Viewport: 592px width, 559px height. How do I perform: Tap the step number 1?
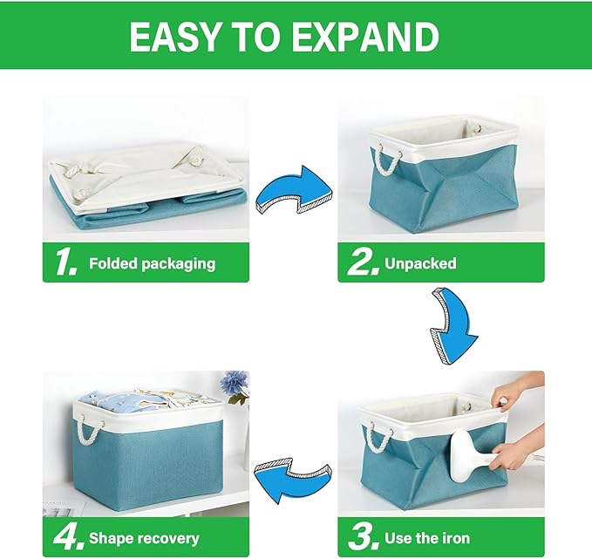coord(66,262)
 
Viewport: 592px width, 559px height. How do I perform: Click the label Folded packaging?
coord(152,263)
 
